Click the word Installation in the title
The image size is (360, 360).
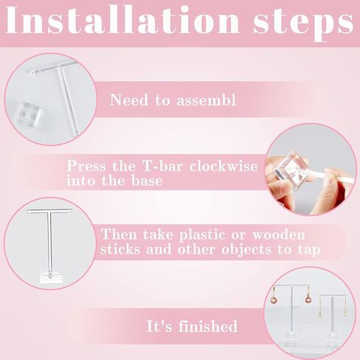pos(123,20)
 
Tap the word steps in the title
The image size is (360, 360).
pos(303,24)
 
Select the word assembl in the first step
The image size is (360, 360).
pos(206,100)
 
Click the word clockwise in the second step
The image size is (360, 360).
pos(224,166)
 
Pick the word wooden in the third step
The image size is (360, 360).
pos(279,235)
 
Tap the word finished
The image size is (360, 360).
pos(208,326)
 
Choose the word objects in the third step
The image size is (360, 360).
pos(246,250)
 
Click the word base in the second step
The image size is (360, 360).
pos(147,181)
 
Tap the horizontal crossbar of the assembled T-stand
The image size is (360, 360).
pos(49,211)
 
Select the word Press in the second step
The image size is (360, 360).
pos(86,166)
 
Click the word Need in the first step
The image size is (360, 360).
pos(129,100)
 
